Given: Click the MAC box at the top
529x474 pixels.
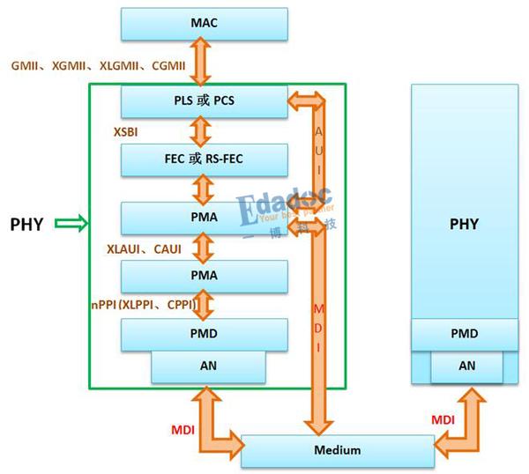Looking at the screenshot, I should point(204,23).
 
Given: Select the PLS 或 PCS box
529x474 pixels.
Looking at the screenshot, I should point(204,100).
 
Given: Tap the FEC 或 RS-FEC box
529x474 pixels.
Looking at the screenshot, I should point(204,159).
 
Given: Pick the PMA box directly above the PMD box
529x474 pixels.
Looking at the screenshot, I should point(204,276).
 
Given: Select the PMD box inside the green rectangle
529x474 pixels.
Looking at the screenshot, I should point(204,334).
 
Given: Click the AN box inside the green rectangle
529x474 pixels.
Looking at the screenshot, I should point(208,366).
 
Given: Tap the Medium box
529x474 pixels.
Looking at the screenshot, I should point(339,450).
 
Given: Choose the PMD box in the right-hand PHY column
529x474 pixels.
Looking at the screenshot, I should point(464,334).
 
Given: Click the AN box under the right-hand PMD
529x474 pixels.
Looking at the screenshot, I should point(466,366).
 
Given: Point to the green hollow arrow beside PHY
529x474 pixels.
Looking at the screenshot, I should point(70,224).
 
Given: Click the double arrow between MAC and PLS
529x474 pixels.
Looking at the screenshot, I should point(204,62).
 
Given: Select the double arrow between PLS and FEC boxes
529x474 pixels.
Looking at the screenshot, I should point(204,130).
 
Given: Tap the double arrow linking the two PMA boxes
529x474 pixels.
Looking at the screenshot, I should point(204,247).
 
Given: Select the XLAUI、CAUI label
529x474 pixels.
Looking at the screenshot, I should point(144,249).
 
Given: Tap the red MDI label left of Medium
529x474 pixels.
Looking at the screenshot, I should point(182,429).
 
